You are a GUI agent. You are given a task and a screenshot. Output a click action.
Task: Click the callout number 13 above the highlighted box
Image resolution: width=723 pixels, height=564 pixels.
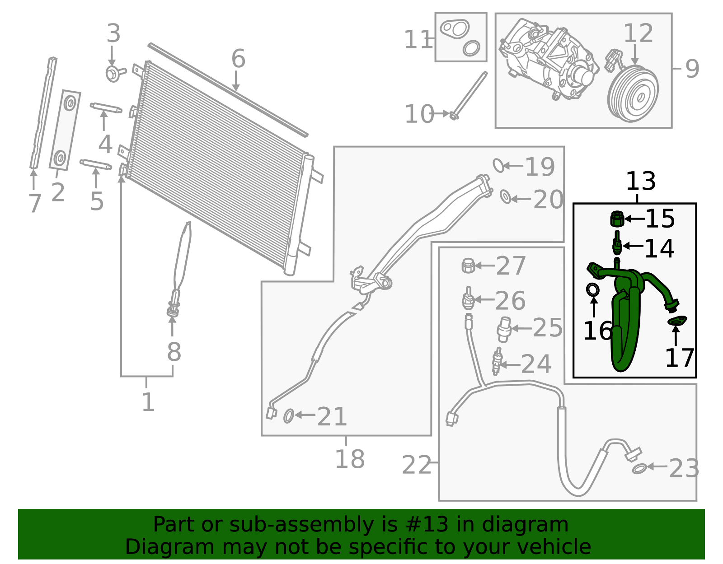click(640, 182)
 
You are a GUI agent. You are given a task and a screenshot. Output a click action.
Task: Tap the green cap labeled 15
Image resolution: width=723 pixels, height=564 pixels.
click(617, 219)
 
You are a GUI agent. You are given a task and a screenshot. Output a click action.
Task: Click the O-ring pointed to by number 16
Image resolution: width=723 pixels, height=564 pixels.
click(593, 289)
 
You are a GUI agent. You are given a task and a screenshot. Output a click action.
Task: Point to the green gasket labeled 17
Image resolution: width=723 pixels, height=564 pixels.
click(677, 321)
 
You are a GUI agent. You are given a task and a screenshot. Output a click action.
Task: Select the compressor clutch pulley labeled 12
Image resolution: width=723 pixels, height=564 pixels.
click(633, 94)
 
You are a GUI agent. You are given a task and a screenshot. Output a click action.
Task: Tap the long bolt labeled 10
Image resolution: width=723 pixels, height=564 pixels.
click(470, 95)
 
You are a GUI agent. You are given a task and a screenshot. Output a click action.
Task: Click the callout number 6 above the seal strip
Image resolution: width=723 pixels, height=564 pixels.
click(238, 59)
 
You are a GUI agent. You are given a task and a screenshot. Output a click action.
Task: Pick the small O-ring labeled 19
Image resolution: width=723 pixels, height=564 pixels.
click(498, 165)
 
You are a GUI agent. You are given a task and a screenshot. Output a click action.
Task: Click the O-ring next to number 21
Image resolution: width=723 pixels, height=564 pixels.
click(288, 416)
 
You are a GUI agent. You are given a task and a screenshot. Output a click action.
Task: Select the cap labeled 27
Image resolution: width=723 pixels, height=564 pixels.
click(468, 266)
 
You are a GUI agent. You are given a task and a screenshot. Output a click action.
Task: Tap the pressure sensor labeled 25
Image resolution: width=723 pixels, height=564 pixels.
click(504, 330)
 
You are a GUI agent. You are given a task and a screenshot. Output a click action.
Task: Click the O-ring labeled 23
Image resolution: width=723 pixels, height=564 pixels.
click(638, 469)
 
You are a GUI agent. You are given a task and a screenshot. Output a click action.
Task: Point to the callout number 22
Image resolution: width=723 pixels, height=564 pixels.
click(417, 465)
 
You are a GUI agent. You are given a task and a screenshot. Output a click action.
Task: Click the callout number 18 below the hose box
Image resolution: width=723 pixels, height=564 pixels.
click(349, 459)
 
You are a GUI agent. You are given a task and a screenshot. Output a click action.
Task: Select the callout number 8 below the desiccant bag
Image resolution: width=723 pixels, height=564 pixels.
click(174, 352)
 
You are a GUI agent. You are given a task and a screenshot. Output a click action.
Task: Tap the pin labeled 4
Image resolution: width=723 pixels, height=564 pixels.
click(106, 108)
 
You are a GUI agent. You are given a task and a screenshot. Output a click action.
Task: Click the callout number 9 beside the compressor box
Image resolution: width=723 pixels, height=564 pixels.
click(692, 69)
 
